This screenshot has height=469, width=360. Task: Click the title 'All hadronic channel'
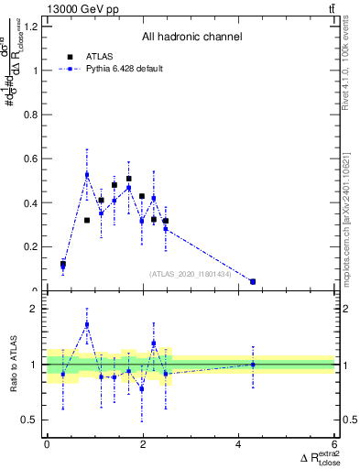[x=191, y=38]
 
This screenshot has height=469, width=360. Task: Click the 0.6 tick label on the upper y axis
[x=31, y=159]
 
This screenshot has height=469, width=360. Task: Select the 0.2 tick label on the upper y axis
[x=31, y=247]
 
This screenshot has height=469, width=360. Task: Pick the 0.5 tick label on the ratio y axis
[x=31, y=420]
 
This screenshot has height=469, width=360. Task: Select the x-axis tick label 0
[x=47, y=445]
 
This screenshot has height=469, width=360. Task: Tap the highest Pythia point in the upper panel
[x=87, y=174]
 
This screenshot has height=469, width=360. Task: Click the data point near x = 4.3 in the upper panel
[x=253, y=281]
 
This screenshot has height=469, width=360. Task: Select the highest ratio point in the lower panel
[x=87, y=324]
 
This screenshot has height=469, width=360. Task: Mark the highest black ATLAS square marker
[x=129, y=179]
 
